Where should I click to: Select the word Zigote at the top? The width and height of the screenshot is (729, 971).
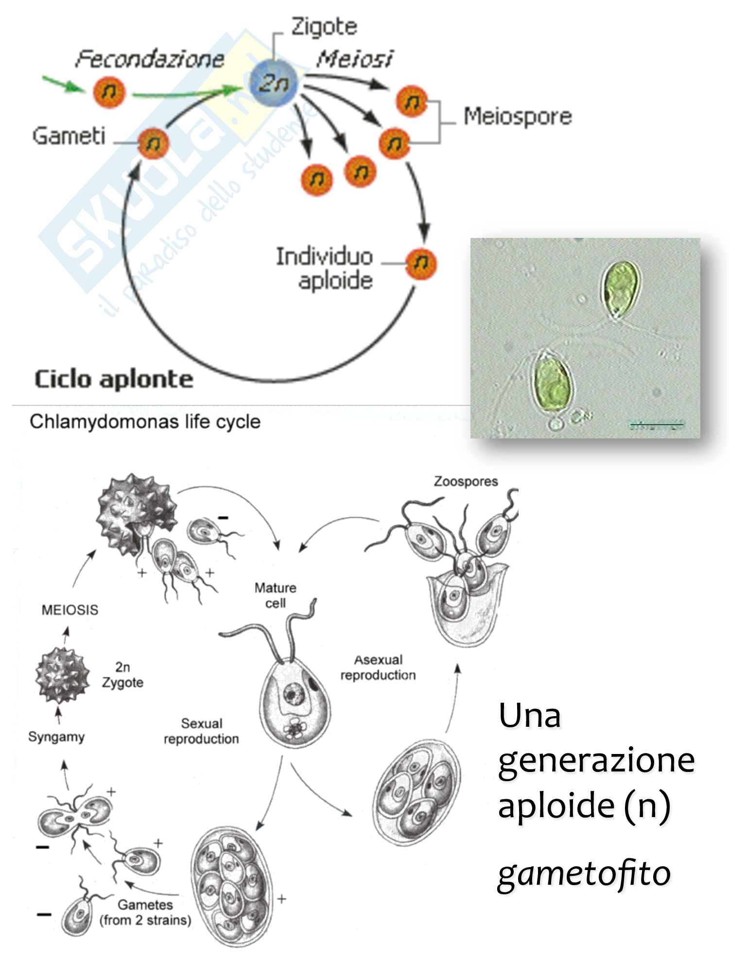(324, 26)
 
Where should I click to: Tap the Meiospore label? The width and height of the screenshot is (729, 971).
(517, 117)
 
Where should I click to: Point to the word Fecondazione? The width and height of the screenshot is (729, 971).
(150, 59)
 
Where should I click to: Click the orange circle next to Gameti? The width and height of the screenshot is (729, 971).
(153, 143)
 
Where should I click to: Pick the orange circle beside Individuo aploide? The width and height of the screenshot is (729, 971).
(421, 263)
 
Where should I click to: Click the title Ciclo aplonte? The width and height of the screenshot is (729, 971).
(114, 379)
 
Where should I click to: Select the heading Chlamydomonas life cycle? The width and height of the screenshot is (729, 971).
(145, 421)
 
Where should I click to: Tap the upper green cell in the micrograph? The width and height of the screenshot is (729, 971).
(621, 289)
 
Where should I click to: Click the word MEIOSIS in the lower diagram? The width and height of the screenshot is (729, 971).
(70, 610)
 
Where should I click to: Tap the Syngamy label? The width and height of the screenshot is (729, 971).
(56, 737)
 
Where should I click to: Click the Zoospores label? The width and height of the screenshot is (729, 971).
(466, 482)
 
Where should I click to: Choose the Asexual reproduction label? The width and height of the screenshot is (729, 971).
(378, 668)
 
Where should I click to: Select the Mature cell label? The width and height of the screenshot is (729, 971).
(276, 595)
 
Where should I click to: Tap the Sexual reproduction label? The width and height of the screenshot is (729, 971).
(201, 731)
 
